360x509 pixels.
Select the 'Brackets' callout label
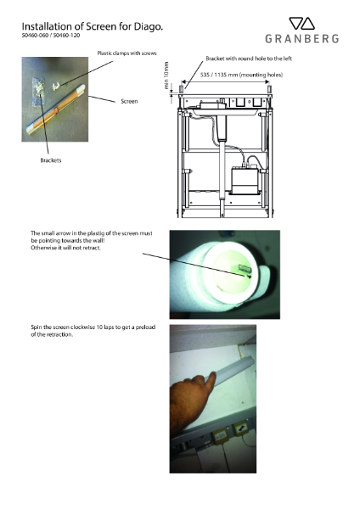click(53, 158)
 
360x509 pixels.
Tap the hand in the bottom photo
click(194, 398)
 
